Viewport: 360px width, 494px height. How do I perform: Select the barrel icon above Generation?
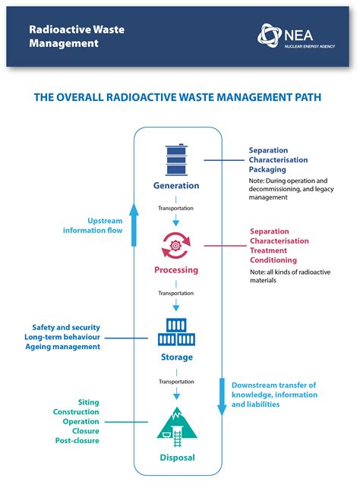click(177, 161)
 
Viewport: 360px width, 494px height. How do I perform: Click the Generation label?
click(177, 185)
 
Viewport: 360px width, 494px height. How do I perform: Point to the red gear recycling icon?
click(177, 245)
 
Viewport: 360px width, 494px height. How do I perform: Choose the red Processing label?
click(177, 269)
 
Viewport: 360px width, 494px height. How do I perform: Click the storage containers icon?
click(177, 332)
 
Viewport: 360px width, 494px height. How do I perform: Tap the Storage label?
click(177, 357)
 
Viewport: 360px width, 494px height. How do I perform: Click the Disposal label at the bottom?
click(177, 458)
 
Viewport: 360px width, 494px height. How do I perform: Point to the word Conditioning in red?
click(274, 260)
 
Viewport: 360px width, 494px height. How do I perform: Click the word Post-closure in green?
click(77, 441)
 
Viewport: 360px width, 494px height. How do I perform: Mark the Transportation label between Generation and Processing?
click(176, 208)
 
